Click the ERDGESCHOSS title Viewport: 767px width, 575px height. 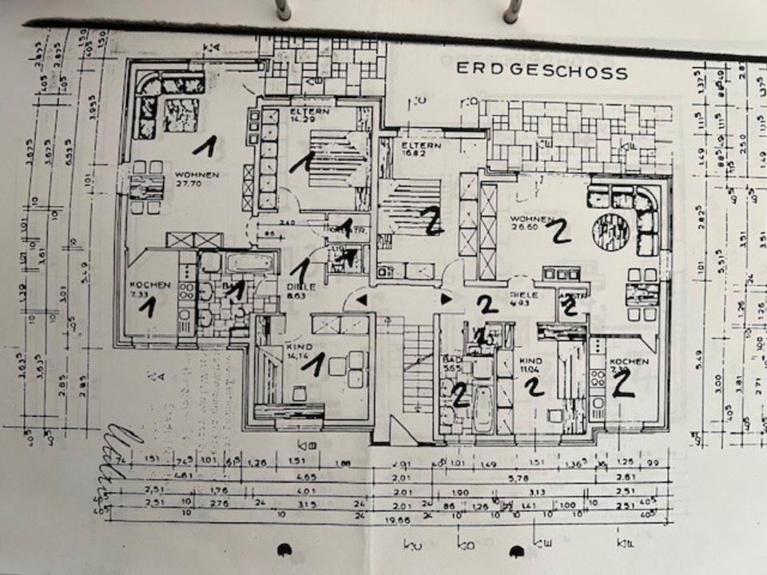pyautogui.click(x=542, y=70)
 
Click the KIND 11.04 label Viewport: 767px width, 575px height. pyautogui.click(x=530, y=364)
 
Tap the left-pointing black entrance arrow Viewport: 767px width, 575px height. pyautogui.click(x=362, y=299)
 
